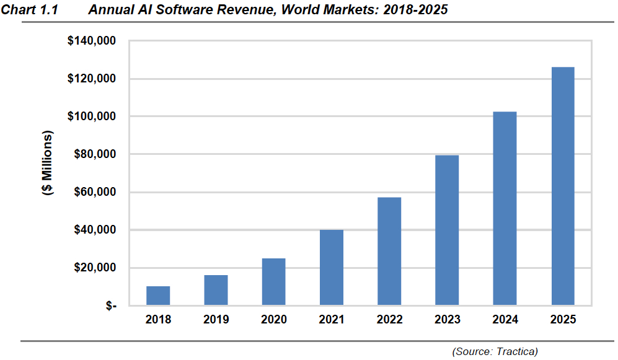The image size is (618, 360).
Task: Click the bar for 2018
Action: tap(158, 296)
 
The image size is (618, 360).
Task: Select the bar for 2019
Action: tap(216, 290)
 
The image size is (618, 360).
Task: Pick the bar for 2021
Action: tap(332, 268)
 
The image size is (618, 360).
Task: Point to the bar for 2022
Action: tap(389, 252)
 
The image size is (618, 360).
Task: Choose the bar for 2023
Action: tap(447, 230)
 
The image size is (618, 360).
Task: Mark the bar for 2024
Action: tap(505, 209)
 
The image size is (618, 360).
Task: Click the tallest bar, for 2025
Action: tap(562, 186)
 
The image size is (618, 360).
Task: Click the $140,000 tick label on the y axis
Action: tap(91, 42)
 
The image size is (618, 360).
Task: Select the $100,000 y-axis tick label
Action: tap(91, 116)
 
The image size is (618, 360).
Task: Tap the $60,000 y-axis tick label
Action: tap(94, 192)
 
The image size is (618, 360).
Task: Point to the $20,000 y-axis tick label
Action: tap(94, 268)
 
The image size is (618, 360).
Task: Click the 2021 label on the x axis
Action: tap(332, 320)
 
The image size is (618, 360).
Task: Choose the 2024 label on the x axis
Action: tap(505, 320)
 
